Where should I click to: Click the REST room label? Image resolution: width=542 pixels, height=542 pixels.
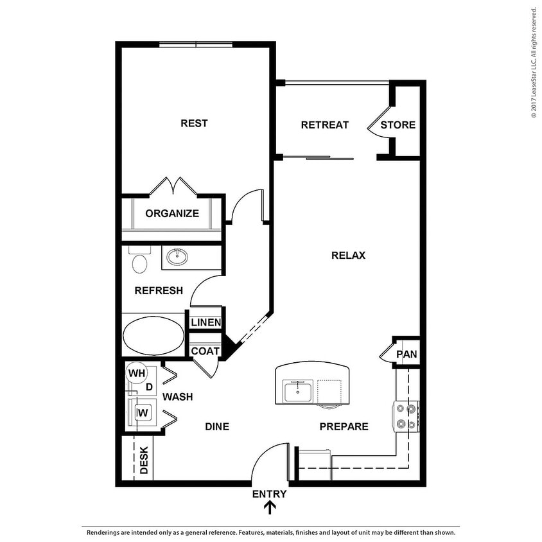(x=193, y=123)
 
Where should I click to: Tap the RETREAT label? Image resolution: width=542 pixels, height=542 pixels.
(x=324, y=125)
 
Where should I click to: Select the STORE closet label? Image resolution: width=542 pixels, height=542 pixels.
(x=398, y=125)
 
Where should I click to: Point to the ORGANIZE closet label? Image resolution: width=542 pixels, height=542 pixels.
(x=171, y=214)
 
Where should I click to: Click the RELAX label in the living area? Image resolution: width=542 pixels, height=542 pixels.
(x=348, y=255)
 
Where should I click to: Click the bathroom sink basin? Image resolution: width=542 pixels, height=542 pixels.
(x=177, y=258)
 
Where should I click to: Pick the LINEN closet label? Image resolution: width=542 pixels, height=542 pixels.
(x=205, y=322)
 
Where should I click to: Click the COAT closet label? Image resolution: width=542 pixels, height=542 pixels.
(x=205, y=351)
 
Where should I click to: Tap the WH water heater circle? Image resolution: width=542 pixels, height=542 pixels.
(x=137, y=373)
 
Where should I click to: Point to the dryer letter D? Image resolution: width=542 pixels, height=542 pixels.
(x=149, y=387)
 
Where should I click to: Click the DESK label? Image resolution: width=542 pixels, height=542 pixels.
(x=144, y=460)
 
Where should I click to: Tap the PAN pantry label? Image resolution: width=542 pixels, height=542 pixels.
(x=406, y=354)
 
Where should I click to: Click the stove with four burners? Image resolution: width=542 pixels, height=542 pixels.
(x=407, y=415)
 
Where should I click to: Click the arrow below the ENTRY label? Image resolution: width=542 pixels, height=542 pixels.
(x=270, y=508)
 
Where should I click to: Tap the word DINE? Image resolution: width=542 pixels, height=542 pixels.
(x=217, y=426)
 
